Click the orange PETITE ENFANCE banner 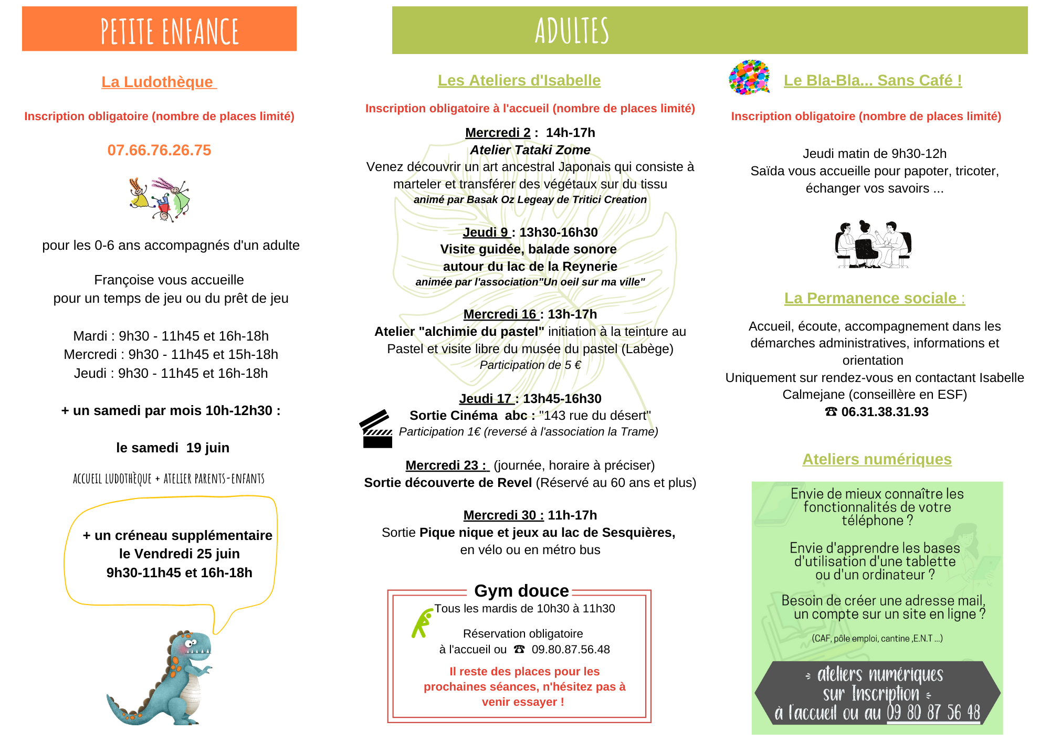159,29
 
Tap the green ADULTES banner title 572,30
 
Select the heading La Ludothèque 159,82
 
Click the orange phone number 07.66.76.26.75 159,150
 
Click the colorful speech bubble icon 749,77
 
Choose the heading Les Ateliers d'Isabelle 519,80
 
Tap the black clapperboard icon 376,429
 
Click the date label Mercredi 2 498,133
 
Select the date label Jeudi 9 486,232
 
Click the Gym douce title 521,591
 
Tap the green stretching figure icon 422,623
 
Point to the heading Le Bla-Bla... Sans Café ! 873,80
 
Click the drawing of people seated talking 873,245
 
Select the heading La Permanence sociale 874,298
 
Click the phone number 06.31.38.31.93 885,412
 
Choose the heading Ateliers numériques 877,459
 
